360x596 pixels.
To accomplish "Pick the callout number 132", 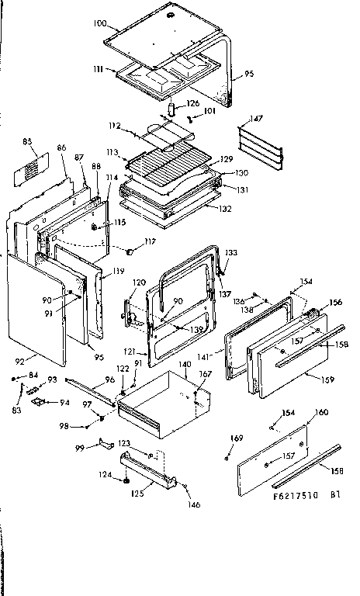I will [224, 209].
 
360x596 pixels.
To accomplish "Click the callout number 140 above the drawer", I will [184, 363].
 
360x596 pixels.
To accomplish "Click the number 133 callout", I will [231, 254].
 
